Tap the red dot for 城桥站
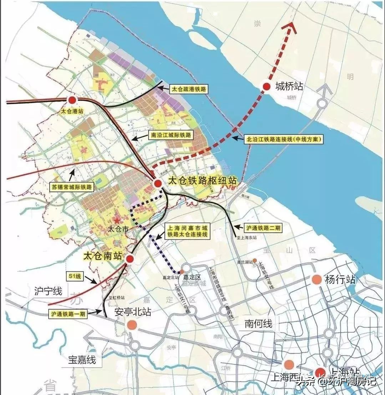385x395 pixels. point(266,86)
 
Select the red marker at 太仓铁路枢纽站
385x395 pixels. point(158,183)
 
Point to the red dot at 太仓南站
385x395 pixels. point(130,259)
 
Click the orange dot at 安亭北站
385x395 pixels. point(132,325)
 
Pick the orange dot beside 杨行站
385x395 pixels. point(316,279)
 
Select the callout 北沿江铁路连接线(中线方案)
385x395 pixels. point(284,139)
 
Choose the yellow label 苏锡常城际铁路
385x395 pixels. point(72,187)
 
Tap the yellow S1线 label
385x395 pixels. point(74,276)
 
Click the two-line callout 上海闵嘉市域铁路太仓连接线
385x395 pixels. point(188,231)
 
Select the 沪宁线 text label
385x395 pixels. point(49,291)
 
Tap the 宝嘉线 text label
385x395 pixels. point(82,359)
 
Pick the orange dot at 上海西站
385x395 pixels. point(289,364)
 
